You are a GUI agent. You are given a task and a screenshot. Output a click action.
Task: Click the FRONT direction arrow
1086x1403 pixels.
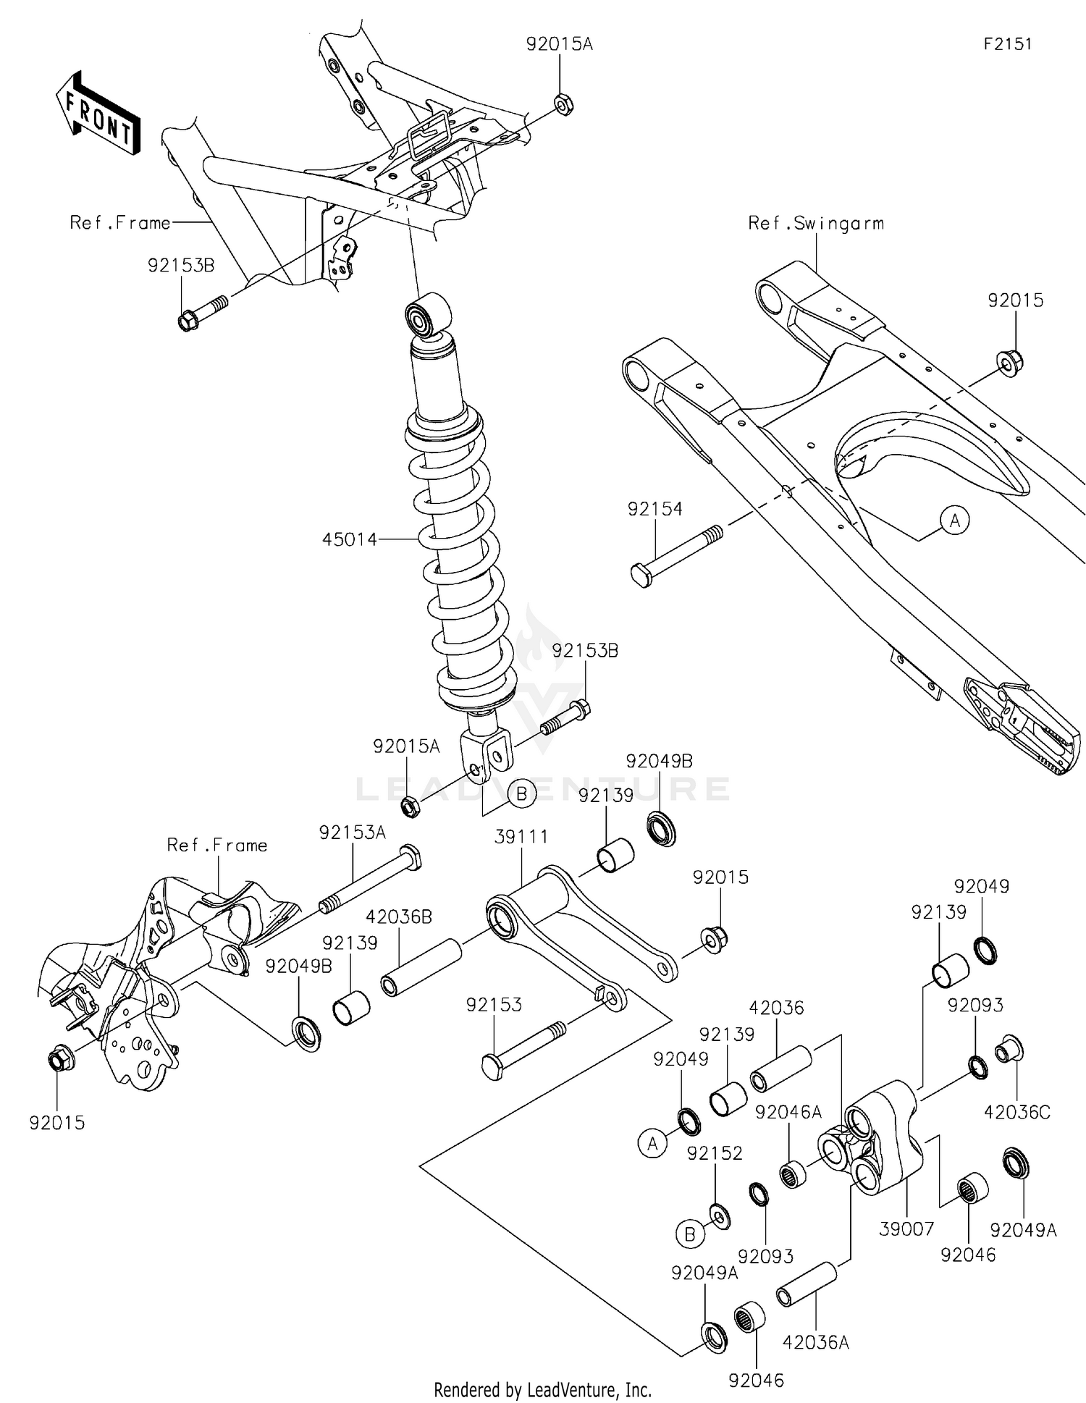click(98, 113)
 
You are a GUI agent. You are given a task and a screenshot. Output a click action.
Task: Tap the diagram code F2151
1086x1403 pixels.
click(1007, 44)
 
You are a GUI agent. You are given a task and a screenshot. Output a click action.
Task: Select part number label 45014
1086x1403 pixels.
click(350, 539)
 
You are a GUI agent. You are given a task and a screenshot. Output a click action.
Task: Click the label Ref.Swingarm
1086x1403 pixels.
click(816, 223)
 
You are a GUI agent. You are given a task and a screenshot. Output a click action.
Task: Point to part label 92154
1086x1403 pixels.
click(654, 510)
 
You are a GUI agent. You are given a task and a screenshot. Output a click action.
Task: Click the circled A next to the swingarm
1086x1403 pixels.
click(955, 520)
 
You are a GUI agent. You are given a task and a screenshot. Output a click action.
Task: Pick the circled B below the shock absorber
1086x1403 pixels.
click(521, 794)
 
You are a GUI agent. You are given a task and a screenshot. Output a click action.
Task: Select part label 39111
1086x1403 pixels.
click(521, 837)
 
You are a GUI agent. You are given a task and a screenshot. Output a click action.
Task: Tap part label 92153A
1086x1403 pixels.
click(353, 833)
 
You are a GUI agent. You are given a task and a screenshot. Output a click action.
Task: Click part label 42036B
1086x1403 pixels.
click(399, 917)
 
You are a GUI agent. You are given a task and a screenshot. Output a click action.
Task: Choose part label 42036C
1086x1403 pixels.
click(1016, 1112)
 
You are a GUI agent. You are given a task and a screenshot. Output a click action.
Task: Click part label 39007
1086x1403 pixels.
click(906, 1229)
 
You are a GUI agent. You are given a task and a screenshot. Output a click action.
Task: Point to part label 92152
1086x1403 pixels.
click(715, 1153)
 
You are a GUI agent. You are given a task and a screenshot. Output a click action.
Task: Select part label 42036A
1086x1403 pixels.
click(815, 1343)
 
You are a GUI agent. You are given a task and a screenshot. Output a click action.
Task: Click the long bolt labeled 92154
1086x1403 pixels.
click(676, 556)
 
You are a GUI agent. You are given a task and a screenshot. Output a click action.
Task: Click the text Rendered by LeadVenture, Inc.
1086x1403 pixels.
click(542, 1389)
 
